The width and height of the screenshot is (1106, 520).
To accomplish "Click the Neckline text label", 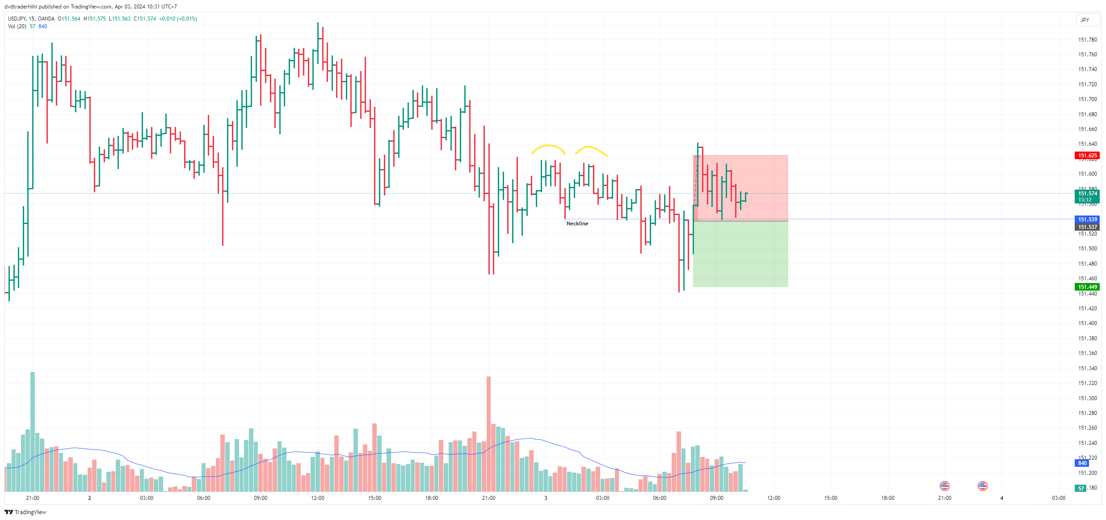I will (x=577, y=224).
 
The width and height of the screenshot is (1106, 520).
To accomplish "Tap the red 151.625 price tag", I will (x=1087, y=156).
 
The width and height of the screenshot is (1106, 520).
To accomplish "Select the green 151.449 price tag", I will (x=1087, y=287).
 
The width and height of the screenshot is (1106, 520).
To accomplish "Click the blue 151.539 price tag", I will (x=1087, y=220).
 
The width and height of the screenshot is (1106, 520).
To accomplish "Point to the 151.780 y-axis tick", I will (x=1087, y=40).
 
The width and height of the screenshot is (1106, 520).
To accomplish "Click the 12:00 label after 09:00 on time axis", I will (x=774, y=498).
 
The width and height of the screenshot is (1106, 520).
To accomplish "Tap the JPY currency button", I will (x=1085, y=20).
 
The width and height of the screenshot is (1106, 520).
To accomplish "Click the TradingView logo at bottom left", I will (x=25, y=512).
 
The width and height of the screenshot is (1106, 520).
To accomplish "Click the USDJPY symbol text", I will (x=17, y=19).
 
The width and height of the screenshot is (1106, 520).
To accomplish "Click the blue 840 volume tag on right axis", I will (x=1082, y=463).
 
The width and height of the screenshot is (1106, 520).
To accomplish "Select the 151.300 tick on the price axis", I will (x=1087, y=398).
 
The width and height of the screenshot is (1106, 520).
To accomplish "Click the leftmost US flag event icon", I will (x=944, y=486).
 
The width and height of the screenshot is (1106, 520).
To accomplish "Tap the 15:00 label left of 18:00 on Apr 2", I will (x=374, y=498).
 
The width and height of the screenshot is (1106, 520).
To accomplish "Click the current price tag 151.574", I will (x=1087, y=194).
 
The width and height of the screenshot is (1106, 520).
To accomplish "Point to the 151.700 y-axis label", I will (x=1087, y=99).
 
